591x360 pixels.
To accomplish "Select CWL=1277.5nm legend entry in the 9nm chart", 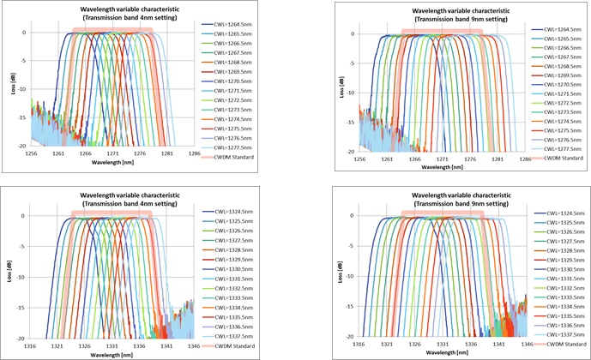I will pos(559,149).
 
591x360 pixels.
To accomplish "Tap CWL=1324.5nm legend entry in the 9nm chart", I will pos(562,214).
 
